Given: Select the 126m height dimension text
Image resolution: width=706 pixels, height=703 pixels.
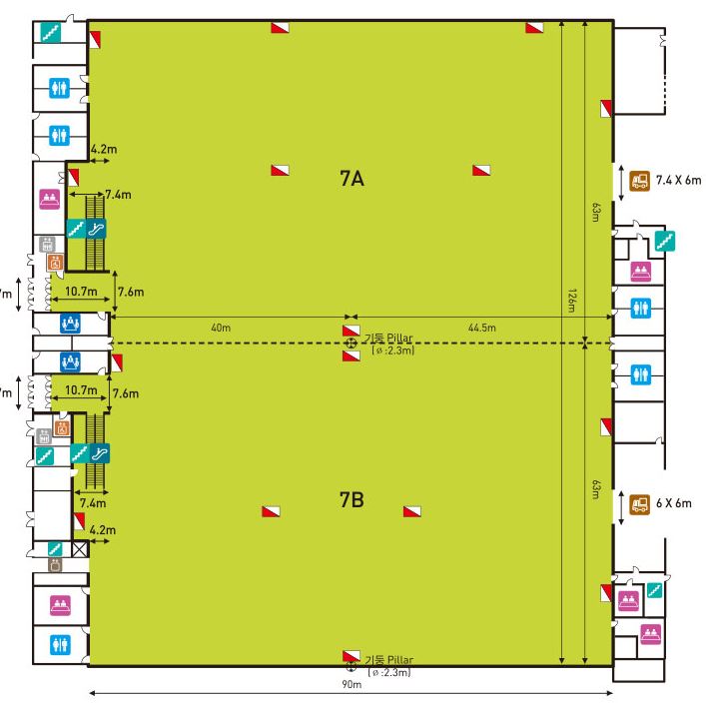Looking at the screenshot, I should click(570, 302).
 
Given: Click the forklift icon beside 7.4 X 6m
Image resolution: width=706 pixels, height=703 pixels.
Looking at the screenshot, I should click(639, 181).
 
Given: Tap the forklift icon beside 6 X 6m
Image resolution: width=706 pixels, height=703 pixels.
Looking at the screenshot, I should click(639, 502).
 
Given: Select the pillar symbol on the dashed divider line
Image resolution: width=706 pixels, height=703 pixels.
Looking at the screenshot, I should click(351, 344).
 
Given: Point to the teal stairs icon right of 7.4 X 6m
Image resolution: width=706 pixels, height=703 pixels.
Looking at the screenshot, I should click(663, 240).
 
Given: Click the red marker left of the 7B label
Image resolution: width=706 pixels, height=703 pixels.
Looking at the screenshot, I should click(271, 511).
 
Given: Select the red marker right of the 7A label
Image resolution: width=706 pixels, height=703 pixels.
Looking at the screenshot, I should click(482, 171).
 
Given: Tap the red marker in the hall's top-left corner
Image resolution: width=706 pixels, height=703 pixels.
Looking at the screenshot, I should click(96, 39).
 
